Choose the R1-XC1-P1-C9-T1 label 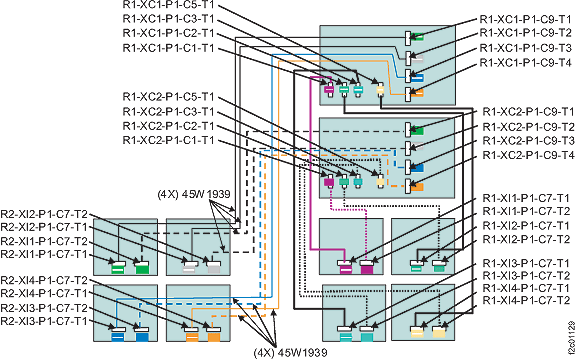(526, 18)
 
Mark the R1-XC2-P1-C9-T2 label (526, 126)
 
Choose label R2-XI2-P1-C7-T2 (46, 214)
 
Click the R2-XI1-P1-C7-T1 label (46, 255)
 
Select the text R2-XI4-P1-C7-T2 (46, 279)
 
